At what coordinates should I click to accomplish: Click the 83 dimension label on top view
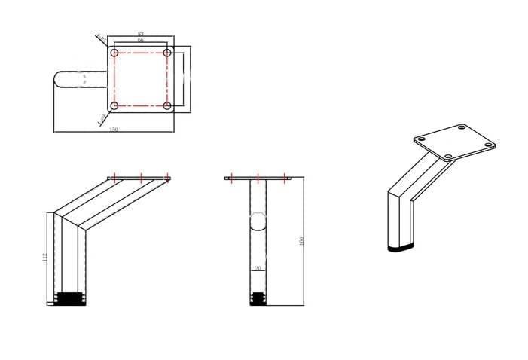coord(141,34)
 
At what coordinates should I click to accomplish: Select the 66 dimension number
coord(141,41)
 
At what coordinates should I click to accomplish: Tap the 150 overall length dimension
coord(114,130)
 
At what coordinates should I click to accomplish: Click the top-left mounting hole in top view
coord(114,53)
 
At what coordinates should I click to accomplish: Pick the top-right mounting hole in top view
coord(167,53)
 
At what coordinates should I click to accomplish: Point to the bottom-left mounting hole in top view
coord(114,105)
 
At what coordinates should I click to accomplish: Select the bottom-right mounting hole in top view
coord(167,105)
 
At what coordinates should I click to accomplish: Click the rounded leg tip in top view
coord(59,80)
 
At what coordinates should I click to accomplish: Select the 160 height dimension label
coord(301,241)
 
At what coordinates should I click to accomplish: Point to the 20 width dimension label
coord(258,267)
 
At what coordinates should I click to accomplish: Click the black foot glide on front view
coord(258,298)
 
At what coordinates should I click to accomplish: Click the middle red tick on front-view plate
coord(258,178)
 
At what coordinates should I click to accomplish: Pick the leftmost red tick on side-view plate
coord(114,178)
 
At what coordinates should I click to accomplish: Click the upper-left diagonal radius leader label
coord(100,37)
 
